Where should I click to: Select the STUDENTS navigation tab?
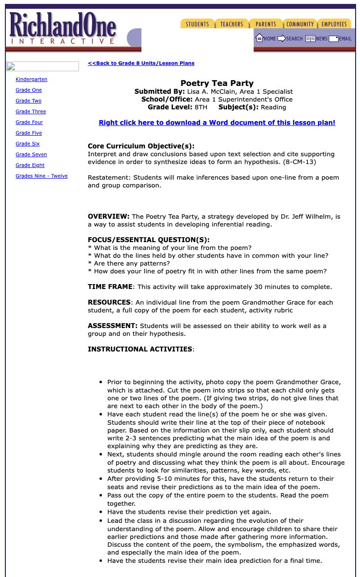click(x=197, y=24)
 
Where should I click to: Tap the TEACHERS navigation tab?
click(x=232, y=24)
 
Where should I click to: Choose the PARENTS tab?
click(x=266, y=24)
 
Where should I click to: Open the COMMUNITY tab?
click(x=300, y=24)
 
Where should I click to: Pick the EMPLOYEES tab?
click(x=334, y=24)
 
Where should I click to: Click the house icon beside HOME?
click(x=260, y=38)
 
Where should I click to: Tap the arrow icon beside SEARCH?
click(x=281, y=38)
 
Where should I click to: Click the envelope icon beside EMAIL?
click(x=334, y=39)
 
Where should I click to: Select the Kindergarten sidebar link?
click(x=31, y=79)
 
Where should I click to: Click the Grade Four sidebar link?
click(x=29, y=122)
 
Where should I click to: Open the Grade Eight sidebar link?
click(x=30, y=165)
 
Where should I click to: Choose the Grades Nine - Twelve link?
click(x=41, y=176)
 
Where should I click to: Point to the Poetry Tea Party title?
click(x=217, y=83)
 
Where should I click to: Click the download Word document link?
click(x=217, y=123)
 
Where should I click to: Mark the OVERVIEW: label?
click(x=108, y=216)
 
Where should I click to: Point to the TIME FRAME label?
click(x=110, y=287)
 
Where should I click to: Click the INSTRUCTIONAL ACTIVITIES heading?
click(x=140, y=349)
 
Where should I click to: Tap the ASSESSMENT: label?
click(x=112, y=326)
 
